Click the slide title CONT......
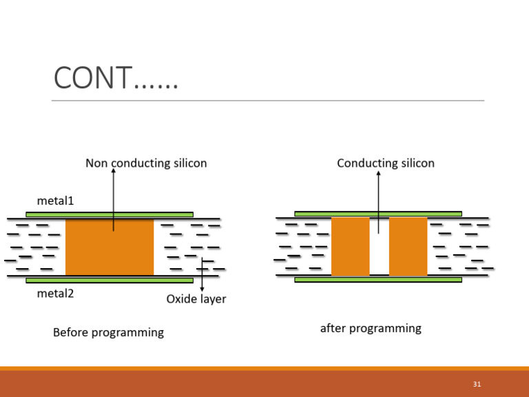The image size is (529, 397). (x=116, y=78)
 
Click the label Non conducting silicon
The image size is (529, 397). (x=146, y=163)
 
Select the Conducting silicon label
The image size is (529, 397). (x=386, y=163)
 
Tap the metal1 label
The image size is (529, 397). (x=55, y=201)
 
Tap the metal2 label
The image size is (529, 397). (x=55, y=293)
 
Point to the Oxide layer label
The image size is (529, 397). (x=196, y=299)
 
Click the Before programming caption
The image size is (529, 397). (x=108, y=332)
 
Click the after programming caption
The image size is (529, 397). (x=371, y=328)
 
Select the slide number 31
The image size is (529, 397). (x=477, y=384)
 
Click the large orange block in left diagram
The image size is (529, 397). (x=110, y=247)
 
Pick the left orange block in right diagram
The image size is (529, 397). (x=350, y=247)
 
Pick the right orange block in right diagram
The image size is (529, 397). (x=408, y=247)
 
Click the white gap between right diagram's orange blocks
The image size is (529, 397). (x=379, y=252)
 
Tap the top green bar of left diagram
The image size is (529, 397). (x=110, y=214)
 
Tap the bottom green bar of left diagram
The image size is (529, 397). (x=110, y=281)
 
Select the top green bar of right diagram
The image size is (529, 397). (x=378, y=214)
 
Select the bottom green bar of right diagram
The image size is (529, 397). (x=378, y=280)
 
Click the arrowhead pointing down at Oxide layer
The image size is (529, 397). (x=202, y=289)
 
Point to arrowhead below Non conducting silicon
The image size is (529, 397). (x=114, y=172)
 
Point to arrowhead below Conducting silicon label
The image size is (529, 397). (x=378, y=174)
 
